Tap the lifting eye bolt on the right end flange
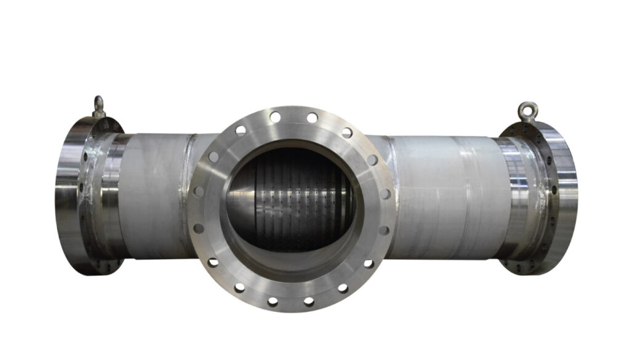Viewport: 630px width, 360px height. coord(527,111)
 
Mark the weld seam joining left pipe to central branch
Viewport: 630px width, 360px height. coord(193,154)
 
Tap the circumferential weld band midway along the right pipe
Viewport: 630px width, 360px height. coord(468,197)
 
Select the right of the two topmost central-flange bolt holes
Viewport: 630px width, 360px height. coord(312,117)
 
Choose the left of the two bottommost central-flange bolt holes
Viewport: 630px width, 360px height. coord(273,302)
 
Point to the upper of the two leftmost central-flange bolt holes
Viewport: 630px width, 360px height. coord(199,191)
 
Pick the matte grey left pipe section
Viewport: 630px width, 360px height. coord(154,197)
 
